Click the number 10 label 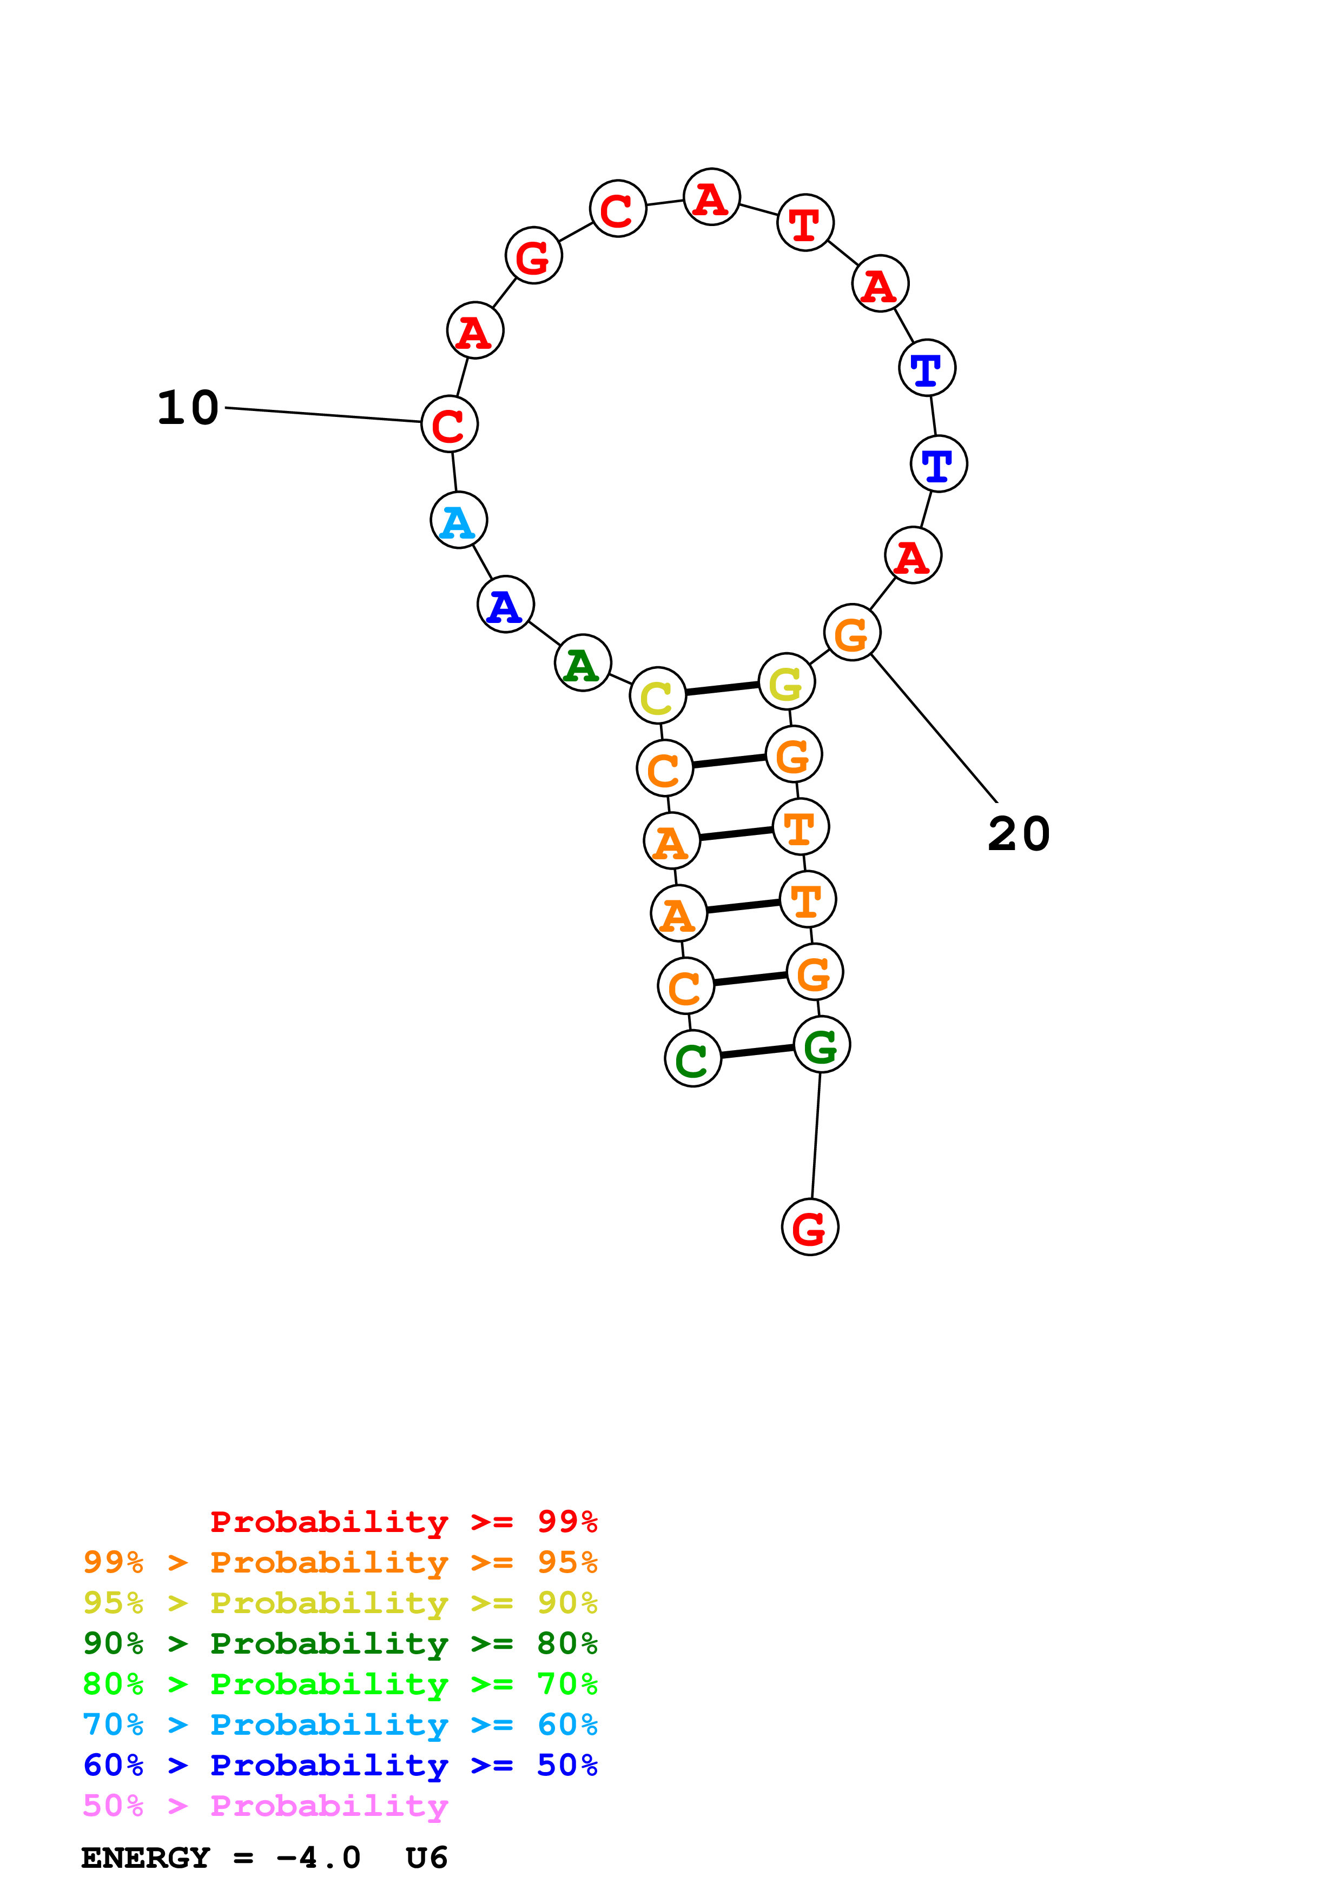coord(188,408)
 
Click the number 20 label coord(1018,834)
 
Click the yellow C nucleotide coord(658,695)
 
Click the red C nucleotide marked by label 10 coord(448,424)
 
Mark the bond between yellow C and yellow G coord(722,688)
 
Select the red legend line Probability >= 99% coord(403,1521)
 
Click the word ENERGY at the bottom coord(146,1858)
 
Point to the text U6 coord(426,1858)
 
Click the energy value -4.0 coord(319,1858)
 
